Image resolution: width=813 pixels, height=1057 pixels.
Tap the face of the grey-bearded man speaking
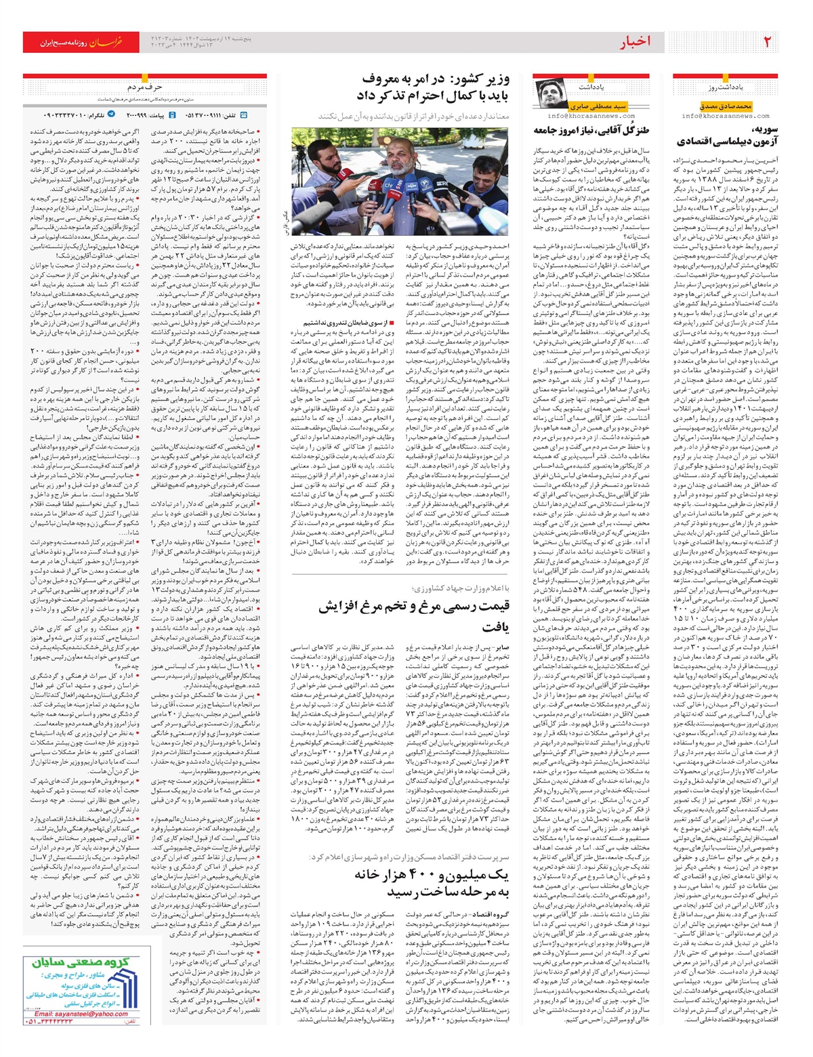[x=401, y=164]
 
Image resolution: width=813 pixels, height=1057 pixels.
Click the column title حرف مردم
[x=145, y=87]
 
